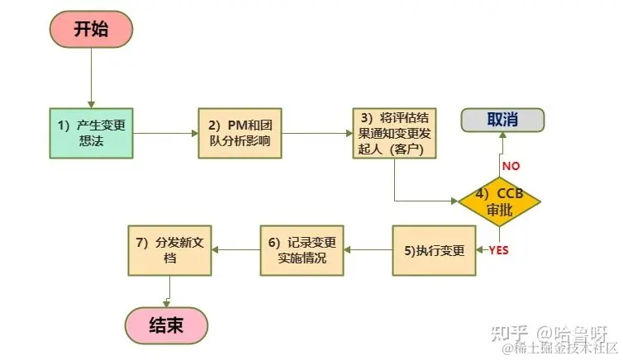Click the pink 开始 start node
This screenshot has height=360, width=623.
point(89,30)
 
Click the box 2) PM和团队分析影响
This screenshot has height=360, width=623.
point(240,133)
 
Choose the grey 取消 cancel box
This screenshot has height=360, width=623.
point(502,119)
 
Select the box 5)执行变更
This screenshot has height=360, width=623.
point(434,250)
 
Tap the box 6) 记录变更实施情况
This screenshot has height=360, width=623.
point(302,250)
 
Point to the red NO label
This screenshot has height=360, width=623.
point(511,165)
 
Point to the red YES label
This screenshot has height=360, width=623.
point(499,249)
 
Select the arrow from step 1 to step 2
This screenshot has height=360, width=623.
point(165,133)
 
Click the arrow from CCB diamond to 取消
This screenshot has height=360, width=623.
point(499,157)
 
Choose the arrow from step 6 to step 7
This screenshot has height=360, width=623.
point(235,250)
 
